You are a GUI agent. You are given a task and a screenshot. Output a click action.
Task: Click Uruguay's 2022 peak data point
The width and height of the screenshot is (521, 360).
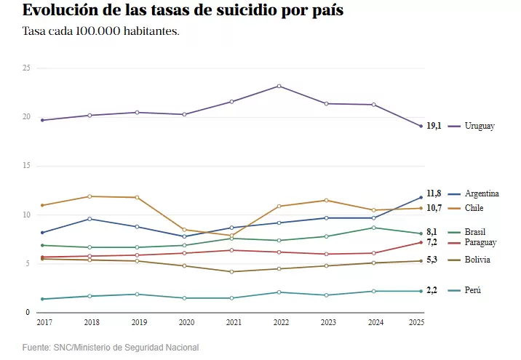click(x=279, y=86)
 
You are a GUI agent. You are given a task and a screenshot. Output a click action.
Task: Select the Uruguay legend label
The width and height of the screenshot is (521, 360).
click(x=480, y=126)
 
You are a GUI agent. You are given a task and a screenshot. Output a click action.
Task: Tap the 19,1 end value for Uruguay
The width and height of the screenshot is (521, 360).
click(x=434, y=126)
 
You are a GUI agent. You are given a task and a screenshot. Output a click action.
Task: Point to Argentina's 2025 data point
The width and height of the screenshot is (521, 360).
click(x=421, y=197)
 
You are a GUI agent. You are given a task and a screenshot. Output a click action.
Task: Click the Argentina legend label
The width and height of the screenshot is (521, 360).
click(x=482, y=193)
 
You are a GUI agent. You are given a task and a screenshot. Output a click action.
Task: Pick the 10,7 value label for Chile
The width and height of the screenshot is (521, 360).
click(x=434, y=208)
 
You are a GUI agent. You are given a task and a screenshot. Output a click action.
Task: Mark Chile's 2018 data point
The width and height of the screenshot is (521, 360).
click(x=90, y=196)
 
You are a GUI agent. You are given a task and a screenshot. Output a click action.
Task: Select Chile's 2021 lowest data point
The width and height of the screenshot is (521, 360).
click(x=231, y=236)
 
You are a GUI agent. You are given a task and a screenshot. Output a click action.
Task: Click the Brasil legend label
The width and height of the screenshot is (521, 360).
click(x=475, y=232)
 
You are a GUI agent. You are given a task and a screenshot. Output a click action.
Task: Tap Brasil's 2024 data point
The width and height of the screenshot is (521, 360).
click(x=374, y=228)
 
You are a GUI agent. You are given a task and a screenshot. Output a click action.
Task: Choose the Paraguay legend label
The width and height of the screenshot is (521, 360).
click(x=480, y=242)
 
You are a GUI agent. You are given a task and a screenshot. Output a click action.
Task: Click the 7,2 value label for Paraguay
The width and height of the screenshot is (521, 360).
click(x=432, y=242)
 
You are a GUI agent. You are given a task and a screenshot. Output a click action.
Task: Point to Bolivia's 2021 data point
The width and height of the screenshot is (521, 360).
click(x=231, y=272)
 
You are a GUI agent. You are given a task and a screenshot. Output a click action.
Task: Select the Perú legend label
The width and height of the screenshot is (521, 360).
click(x=473, y=290)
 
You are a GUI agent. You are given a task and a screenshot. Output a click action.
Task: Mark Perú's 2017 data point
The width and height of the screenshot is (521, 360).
click(x=42, y=299)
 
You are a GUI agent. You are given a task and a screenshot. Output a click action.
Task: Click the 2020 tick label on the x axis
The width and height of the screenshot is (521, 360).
click(x=186, y=322)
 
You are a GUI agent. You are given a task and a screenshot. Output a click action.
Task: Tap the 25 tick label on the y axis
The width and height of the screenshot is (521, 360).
click(x=26, y=68)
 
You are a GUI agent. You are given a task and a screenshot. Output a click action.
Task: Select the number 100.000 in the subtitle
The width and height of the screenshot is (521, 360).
click(x=98, y=31)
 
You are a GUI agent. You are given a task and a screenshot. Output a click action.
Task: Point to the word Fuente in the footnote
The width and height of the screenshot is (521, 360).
click(x=36, y=348)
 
